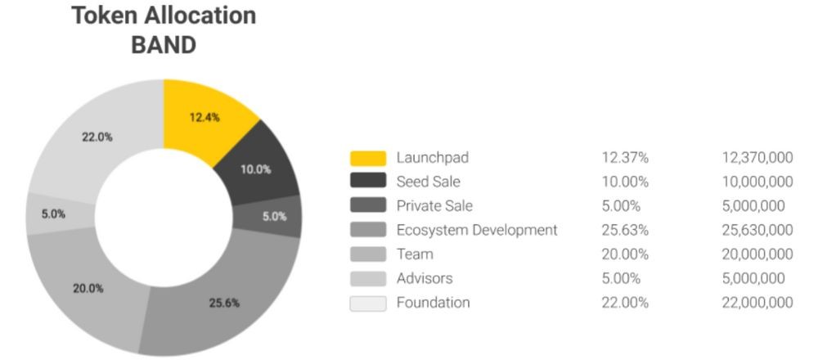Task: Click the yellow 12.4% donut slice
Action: (x=204, y=117)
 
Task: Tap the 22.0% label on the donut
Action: (x=97, y=137)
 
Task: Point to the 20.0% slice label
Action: (x=88, y=288)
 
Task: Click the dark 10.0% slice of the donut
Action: (x=255, y=169)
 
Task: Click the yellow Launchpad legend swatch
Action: (x=367, y=158)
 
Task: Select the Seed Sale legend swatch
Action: (x=367, y=182)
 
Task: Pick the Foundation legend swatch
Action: (x=367, y=303)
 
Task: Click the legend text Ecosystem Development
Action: (x=476, y=230)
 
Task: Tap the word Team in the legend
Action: (x=415, y=254)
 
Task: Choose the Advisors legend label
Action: (x=424, y=278)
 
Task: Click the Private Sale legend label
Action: (x=434, y=206)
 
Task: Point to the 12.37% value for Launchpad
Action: (x=625, y=158)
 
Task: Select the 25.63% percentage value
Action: (x=626, y=230)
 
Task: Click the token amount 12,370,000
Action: (x=757, y=158)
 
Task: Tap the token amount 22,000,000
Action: (x=757, y=303)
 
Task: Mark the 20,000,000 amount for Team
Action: (x=757, y=254)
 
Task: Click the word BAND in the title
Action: (x=164, y=44)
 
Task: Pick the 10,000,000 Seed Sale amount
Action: (x=757, y=182)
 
